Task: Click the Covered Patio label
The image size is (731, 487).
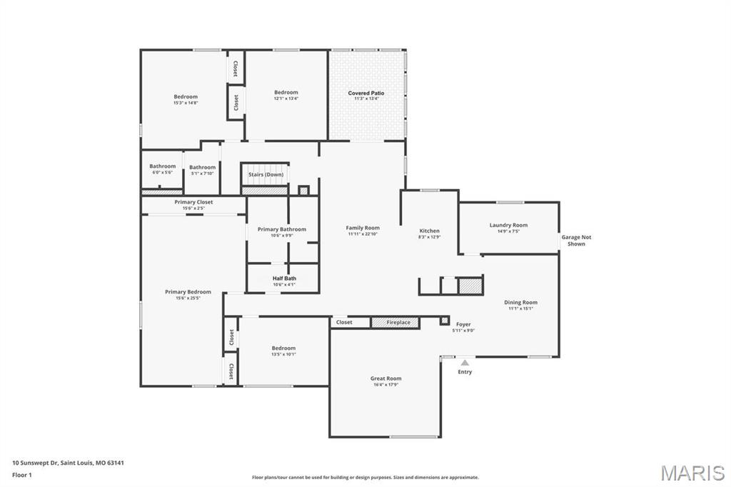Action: tap(366, 93)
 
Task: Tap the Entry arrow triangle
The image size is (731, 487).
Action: tap(465, 363)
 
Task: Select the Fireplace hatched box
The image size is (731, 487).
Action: tap(395, 323)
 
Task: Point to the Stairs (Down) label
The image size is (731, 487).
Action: tap(266, 174)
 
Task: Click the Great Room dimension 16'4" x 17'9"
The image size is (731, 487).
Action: tap(385, 385)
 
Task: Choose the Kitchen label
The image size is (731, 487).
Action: tap(429, 231)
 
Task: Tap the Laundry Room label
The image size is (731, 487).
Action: tap(508, 225)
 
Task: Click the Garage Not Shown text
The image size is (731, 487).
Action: tap(576, 241)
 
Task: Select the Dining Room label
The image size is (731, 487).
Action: tap(520, 302)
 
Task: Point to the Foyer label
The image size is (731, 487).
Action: tap(463, 324)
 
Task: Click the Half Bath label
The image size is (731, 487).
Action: tap(283, 278)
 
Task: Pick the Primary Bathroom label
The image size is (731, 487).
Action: tap(282, 229)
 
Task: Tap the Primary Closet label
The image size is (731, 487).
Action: tap(193, 202)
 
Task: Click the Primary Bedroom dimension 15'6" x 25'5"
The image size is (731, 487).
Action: tap(188, 298)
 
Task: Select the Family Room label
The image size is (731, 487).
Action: tap(363, 228)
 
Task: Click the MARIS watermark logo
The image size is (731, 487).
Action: tap(692, 473)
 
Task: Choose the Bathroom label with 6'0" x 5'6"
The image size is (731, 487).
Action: tap(162, 166)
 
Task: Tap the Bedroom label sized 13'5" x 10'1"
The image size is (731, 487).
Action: tap(283, 348)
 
